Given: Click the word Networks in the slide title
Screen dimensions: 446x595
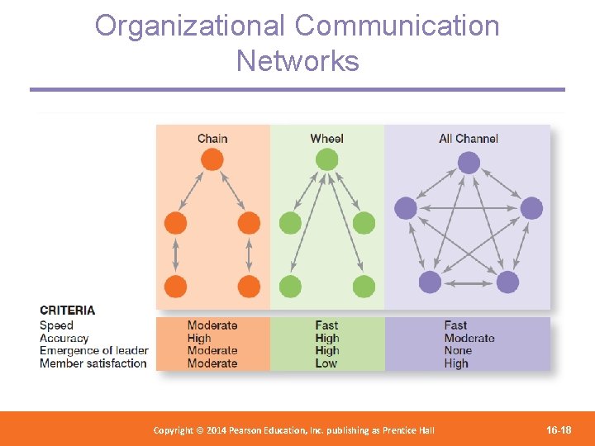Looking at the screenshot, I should coord(297,61).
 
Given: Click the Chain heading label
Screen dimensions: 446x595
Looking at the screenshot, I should coord(212,139).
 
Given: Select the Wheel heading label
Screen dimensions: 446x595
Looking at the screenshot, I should coord(326,139).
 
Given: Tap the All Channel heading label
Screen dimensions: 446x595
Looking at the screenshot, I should coord(469,139).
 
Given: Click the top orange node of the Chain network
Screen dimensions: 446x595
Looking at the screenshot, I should coord(212,159).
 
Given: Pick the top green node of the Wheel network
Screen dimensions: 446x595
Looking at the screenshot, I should coord(326,159).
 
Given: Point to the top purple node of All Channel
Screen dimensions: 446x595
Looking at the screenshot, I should coord(469,163).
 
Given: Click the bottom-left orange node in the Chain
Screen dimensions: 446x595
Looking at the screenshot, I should coord(175,286).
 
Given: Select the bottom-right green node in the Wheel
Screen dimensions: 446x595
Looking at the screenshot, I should coord(364,286).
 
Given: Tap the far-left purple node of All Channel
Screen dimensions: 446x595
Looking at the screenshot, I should coord(406,207).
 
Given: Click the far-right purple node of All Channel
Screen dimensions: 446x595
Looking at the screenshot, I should coord(531,207).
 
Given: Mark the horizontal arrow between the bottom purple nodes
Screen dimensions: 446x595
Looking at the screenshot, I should coord(469,282).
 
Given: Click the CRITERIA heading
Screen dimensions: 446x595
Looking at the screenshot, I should coord(67,311).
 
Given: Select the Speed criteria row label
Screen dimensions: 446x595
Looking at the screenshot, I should coord(56,325).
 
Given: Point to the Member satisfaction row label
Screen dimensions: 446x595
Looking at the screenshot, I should coord(93,363).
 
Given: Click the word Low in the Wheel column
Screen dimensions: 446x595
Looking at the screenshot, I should coord(326,363).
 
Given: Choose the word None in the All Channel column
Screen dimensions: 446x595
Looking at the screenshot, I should coord(457,351).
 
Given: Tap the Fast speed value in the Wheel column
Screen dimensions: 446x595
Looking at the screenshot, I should coord(326,325).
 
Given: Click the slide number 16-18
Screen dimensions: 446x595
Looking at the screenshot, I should coord(559,429).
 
